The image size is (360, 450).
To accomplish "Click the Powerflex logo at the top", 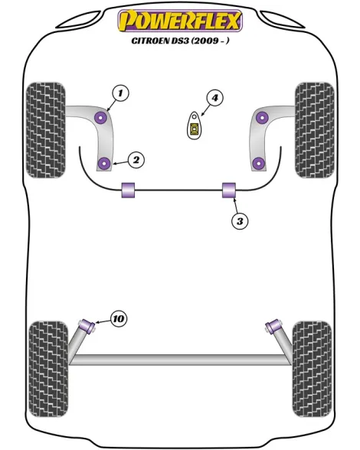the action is (x=180, y=21).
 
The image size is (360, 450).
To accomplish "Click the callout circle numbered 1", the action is (x=120, y=93).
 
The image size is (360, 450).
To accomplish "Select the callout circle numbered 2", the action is (x=136, y=159).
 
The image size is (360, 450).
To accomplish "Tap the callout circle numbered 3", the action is (x=240, y=221).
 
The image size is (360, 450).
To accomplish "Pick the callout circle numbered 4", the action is (x=215, y=98).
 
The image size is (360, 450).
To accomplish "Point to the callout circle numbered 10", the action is (x=119, y=318).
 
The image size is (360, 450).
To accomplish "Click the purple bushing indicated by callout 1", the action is (x=101, y=117).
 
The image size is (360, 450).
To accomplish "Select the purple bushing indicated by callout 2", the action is (x=104, y=163).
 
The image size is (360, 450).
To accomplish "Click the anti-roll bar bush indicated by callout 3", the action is (x=229, y=190).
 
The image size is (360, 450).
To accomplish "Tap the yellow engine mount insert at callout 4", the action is (x=195, y=128).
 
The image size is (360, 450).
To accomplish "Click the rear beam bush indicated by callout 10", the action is (x=87, y=326).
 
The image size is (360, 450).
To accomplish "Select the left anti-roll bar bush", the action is (x=128, y=190).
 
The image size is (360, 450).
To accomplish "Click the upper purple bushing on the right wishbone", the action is (x=262, y=117).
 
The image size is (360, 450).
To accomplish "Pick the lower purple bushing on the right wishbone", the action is (x=259, y=163).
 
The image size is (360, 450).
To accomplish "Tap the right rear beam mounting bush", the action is (x=273, y=327).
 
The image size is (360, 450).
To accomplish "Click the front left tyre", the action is (x=46, y=130).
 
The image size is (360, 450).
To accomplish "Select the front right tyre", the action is (x=315, y=130).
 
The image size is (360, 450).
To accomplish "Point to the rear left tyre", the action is (x=49, y=369).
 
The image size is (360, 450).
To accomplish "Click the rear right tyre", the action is (x=312, y=369).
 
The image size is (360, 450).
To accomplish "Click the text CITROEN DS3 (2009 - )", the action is (x=180, y=41).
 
